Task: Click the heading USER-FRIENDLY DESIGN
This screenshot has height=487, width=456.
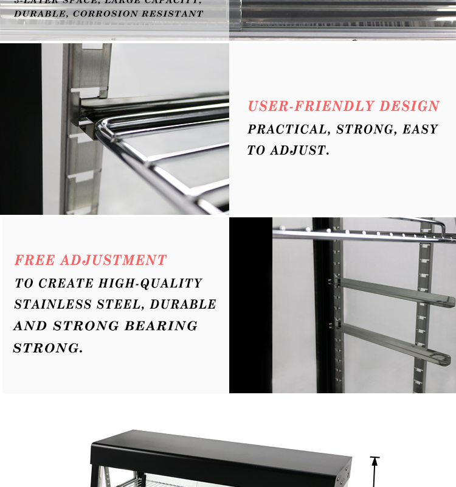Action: (344, 107)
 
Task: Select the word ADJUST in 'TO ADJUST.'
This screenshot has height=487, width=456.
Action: (300, 151)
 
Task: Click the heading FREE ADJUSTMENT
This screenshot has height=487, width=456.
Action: (91, 261)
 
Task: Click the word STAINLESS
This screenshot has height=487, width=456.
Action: (55, 304)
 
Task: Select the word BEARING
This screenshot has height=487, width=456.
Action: (161, 326)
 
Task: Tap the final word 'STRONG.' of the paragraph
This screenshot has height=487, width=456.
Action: (48, 348)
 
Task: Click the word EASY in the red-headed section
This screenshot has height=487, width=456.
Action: (420, 130)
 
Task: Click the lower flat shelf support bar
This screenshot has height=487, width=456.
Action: (395, 344)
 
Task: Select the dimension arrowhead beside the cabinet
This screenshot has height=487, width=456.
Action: (375, 463)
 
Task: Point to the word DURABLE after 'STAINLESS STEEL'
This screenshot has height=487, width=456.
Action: (183, 304)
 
